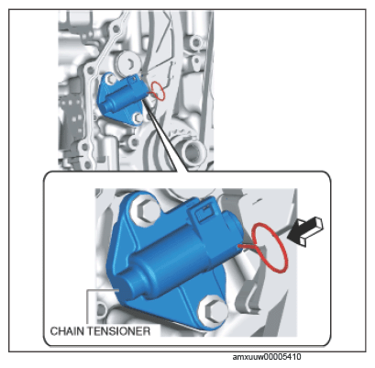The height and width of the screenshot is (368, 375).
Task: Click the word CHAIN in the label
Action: (x=65, y=331)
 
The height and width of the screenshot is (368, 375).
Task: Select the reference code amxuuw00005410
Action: (x=267, y=357)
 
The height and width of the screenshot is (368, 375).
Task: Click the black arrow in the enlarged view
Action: (x=304, y=231)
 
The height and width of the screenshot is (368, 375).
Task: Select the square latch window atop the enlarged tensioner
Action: (x=204, y=213)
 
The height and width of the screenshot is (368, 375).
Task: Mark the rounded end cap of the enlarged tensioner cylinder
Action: (x=126, y=288)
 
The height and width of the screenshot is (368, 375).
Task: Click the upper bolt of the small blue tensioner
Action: (x=111, y=79)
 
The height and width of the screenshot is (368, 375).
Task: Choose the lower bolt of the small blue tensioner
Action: (x=138, y=117)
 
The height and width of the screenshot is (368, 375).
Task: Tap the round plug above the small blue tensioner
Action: (x=128, y=63)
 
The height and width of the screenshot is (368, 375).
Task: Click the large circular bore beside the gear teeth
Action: (x=193, y=152)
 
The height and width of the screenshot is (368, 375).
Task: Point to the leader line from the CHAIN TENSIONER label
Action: (x=87, y=306)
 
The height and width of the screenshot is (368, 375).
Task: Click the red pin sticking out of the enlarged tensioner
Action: (x=248, y=247)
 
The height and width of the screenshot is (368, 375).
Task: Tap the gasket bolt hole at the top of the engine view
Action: (x=116, y=29)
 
